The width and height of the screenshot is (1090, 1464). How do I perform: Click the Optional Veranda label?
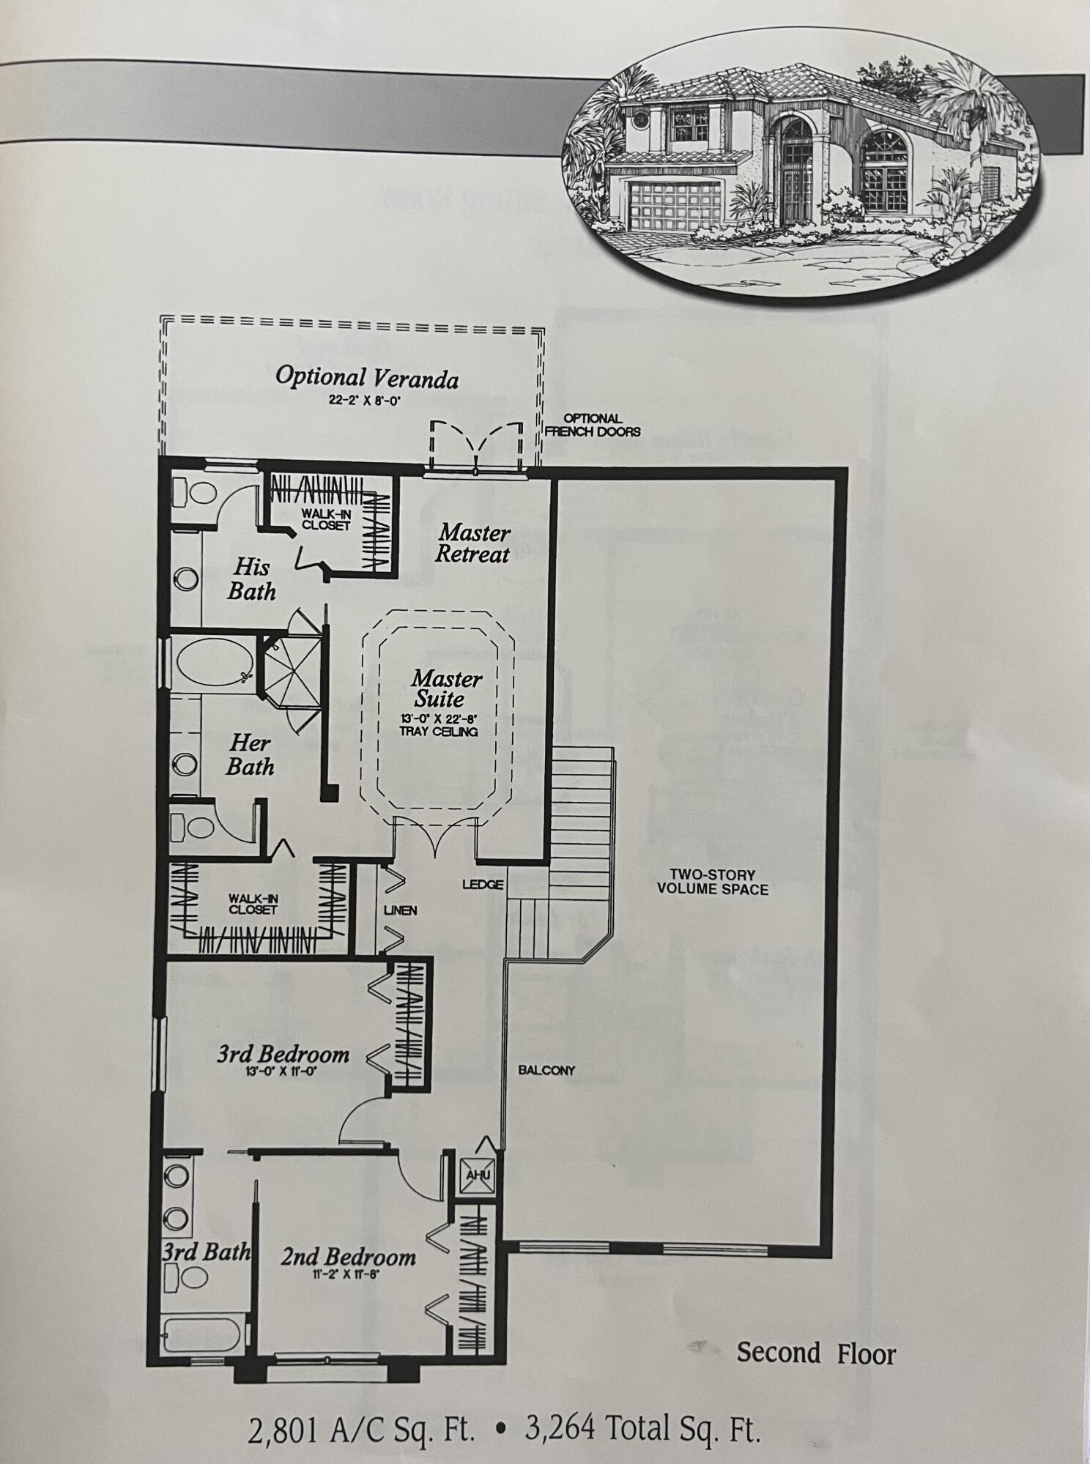(x=366, y=378)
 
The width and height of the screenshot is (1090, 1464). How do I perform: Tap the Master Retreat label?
(x=473, y=543)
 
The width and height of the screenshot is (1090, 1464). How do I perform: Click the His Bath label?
(x=251, y=579)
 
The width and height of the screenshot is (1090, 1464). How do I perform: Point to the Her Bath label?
(x=250, y=755)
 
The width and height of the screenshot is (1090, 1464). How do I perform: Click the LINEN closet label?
(x=400, y=910)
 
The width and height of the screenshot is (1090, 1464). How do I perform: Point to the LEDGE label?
(x=483, y=885)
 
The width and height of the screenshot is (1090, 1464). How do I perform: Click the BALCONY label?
(x=546, y=1070)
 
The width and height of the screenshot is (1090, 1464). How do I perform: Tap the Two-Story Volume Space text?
(x=712, y=882)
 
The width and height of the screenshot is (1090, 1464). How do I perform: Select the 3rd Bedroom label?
(x=283, y=1055)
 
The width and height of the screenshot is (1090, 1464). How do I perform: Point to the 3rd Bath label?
(x=206, y=1252)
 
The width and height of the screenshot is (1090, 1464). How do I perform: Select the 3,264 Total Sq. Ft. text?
(x=642, y=1429)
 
